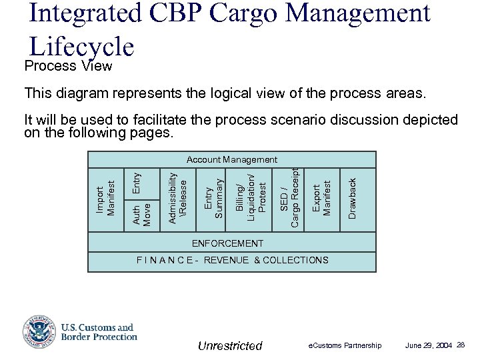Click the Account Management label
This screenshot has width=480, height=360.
[232, 160]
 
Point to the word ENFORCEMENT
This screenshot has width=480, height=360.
[227, 243]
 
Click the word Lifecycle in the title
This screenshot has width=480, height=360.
[83, 46]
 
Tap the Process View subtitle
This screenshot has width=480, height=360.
[68, 67]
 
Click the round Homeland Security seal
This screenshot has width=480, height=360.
[39, 331]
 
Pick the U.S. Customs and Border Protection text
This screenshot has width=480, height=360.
[98, 332]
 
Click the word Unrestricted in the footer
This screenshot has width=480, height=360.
[231, 345]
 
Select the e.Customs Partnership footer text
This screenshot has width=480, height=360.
[345, 345]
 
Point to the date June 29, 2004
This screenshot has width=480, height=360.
[428, 345]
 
